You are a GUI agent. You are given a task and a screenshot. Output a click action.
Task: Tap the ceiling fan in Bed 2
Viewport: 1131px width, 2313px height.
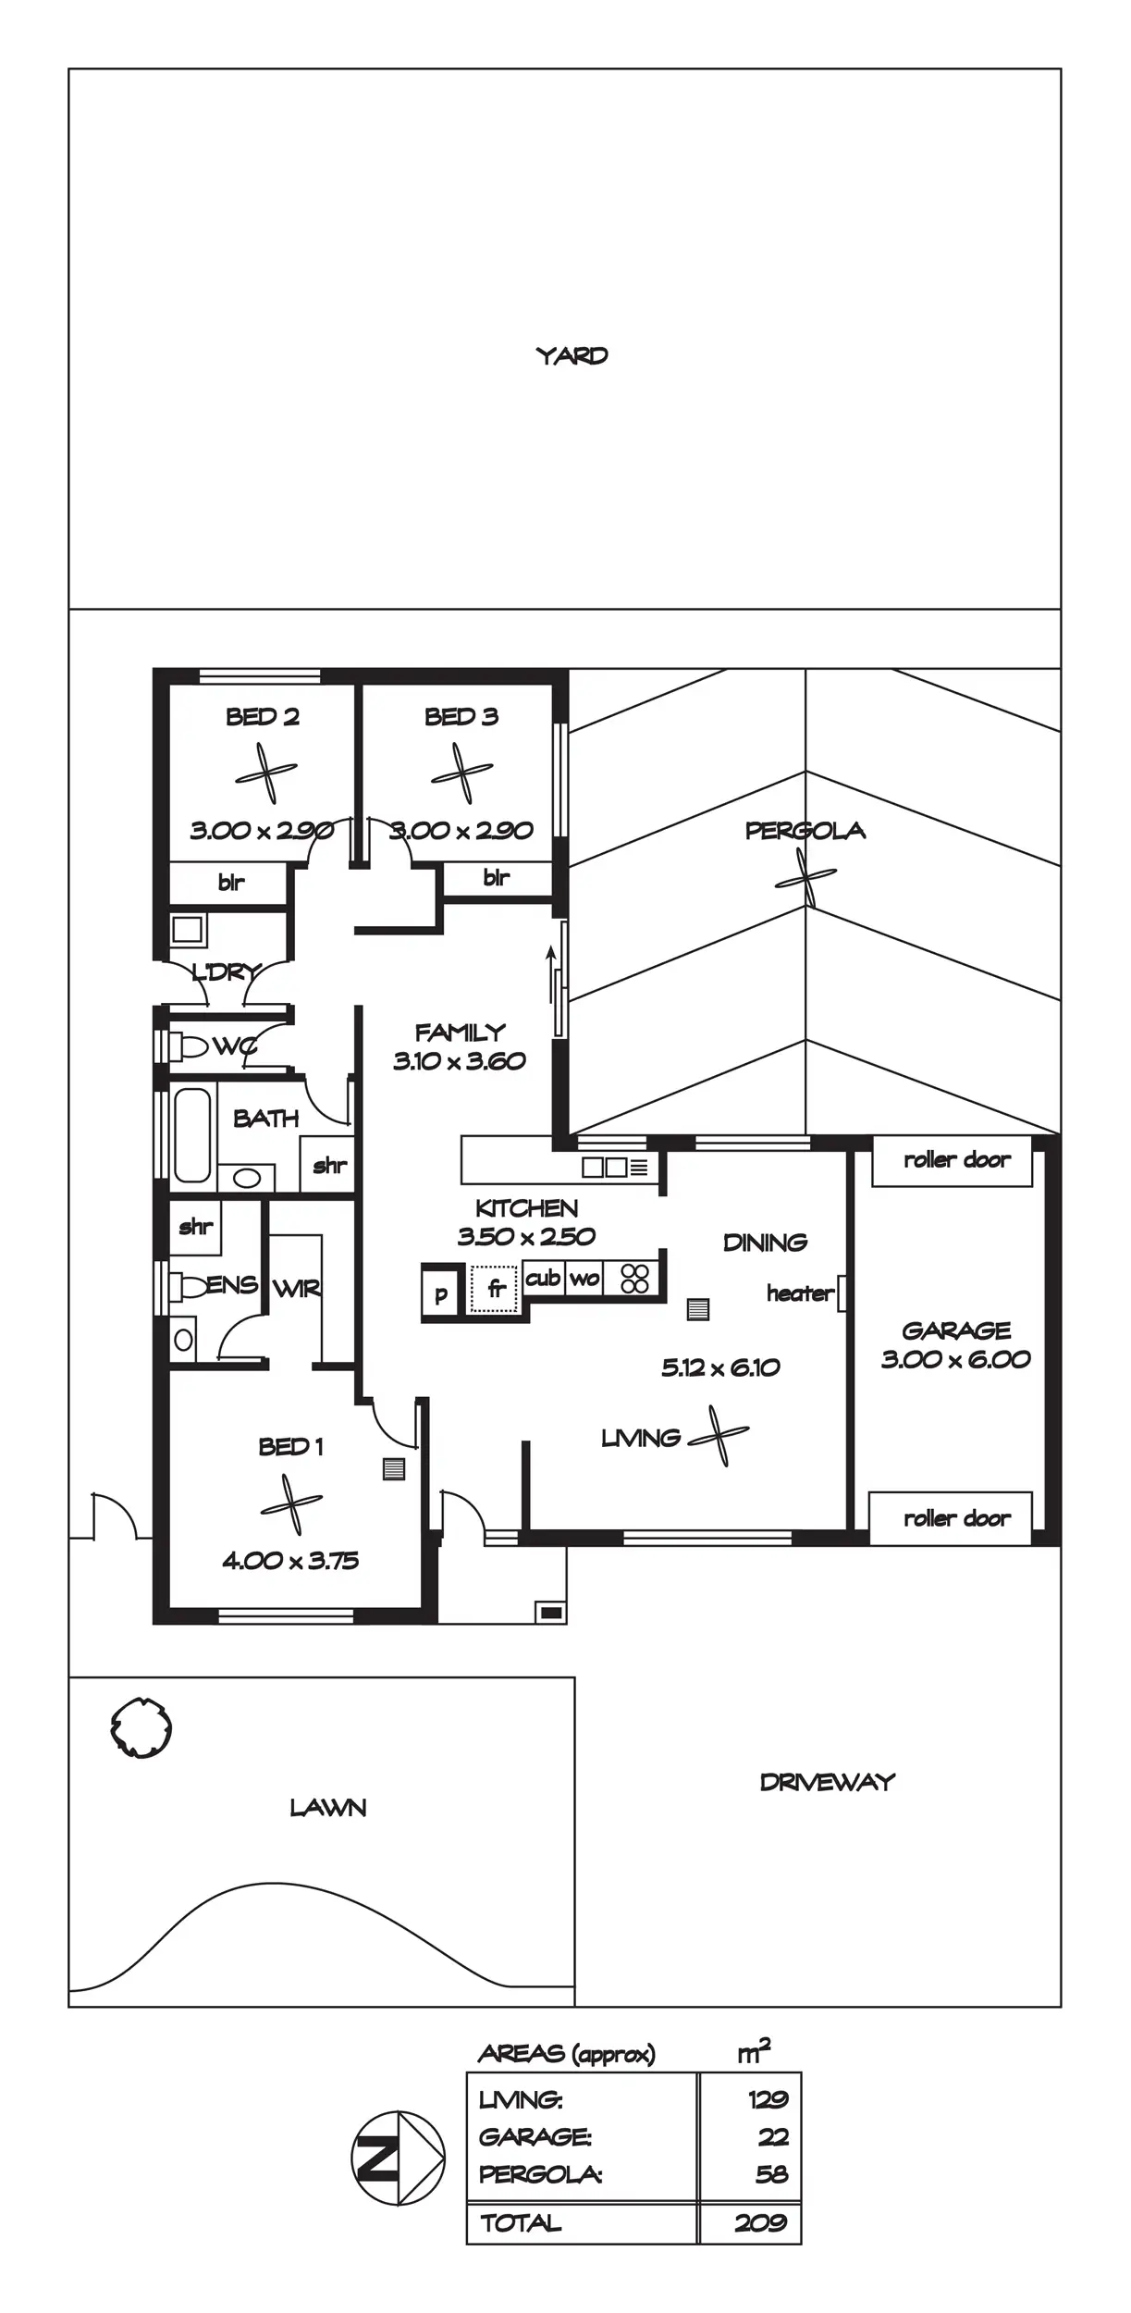(266, 773)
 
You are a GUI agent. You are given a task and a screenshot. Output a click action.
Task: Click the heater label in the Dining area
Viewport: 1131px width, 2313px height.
(800, 1293)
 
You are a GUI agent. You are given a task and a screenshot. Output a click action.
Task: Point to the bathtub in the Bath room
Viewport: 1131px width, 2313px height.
(192, 1134)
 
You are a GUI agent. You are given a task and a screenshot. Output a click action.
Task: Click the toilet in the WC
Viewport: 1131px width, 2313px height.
(191, 1046)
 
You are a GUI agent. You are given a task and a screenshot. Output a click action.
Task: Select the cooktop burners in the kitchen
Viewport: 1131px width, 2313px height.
(635, 1279)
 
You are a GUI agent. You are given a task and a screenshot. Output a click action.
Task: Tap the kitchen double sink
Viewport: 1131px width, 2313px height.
(605, 1167)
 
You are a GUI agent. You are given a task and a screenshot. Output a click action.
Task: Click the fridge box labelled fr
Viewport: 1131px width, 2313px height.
(496, 1288)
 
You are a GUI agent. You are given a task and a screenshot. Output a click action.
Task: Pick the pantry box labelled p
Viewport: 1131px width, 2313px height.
(441, 1293)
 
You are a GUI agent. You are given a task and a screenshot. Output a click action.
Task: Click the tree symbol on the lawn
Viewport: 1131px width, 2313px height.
(141, 1726)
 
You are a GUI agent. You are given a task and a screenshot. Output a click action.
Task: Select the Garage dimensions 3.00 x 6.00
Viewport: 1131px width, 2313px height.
(955, 1359)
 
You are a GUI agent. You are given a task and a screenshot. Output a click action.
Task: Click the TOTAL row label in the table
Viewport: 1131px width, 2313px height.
(521, 2223)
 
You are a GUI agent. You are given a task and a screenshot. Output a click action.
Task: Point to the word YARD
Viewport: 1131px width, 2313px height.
(572, 355)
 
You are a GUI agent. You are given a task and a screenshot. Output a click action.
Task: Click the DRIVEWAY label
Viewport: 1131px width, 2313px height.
(827, 1783)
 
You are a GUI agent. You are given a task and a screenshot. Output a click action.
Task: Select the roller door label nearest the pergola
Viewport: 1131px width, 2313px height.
(956, 1160)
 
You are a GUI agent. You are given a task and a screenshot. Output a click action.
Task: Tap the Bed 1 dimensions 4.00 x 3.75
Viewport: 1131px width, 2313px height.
(290, 1561)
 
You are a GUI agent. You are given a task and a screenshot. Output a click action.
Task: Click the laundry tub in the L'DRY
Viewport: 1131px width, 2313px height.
(187, 929)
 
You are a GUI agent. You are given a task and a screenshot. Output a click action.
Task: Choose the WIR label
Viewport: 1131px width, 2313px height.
(296, 1288)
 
